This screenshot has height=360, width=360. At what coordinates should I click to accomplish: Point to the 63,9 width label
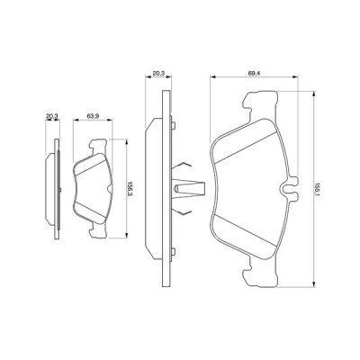(x=92, y=116)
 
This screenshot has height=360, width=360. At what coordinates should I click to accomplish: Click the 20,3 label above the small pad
(x=52, y=115)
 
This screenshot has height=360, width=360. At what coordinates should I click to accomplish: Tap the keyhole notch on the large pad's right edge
(x=290, y=189)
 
